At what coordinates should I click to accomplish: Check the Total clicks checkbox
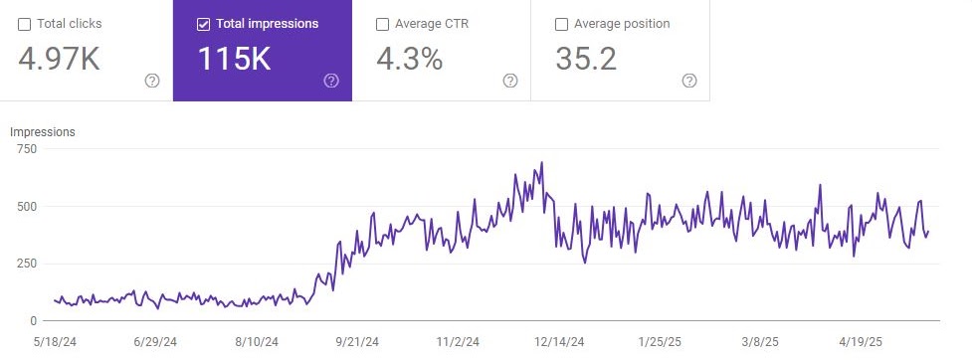coord(25,24)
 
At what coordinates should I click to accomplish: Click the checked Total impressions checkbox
coord(204,24)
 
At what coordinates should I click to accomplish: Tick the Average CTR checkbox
coord(383,24)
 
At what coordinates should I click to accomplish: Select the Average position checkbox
coord(562,24)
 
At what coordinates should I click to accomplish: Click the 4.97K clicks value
coord(59,59)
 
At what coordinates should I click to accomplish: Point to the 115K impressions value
coord(234,59)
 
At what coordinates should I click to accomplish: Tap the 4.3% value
coord(409,59)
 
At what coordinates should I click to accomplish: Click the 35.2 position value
coord(586,59)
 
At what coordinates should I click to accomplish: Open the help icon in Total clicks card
coord(152,81)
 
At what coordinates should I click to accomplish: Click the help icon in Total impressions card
coord(331,81)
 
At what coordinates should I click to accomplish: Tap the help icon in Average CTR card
coord(510,81)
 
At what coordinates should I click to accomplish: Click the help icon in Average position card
coord(689,81)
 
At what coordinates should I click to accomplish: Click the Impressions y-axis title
coord(43,131)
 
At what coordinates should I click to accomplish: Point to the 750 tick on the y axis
coord(27,149)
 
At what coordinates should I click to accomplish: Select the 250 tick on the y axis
coord(27,264)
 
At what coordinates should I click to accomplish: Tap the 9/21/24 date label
coord(357,340)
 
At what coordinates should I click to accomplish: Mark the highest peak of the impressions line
coord(541,162)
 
